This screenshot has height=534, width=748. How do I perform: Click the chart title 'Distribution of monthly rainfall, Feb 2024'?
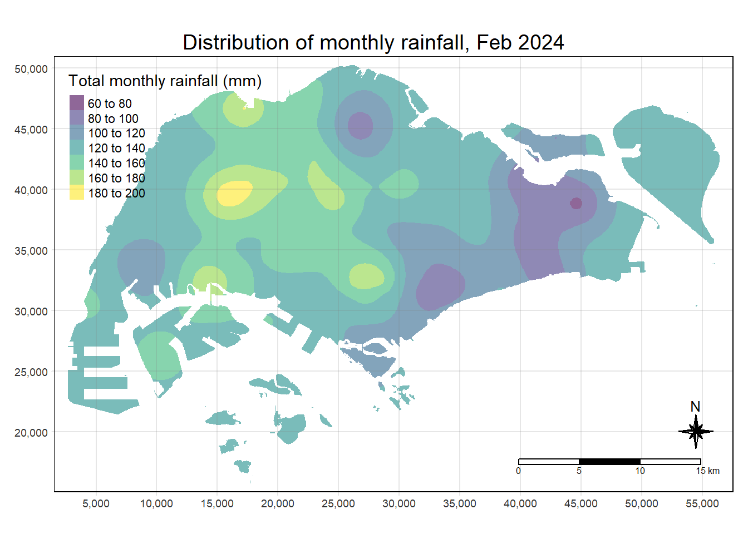click(x=373, y=43)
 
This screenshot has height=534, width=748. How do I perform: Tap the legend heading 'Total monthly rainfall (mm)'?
click(x=165, y=81)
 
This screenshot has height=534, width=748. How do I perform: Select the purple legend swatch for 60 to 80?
click(x=77, y=103)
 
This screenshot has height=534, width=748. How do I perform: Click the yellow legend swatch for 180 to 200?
click(x=77, y=192)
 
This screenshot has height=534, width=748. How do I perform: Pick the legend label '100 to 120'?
click(x=116, y=133)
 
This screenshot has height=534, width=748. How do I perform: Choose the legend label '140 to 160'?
click(x=116, y=163)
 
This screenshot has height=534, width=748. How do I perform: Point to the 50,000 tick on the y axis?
click(x=31, y=69)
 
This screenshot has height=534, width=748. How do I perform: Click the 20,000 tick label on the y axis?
click(x=31, y=433)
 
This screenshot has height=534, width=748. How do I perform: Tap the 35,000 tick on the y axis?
click(x=31, y=251)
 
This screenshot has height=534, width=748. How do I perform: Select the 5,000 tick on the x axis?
click(x=96, y=504)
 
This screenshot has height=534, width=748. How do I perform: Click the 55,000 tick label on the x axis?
click(x=702, y=504)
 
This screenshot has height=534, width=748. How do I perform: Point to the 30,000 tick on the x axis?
click(x=399, y=504)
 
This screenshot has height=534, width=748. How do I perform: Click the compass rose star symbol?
click(x=696, y=432)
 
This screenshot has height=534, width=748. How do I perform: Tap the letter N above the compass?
click(x=695, y=407)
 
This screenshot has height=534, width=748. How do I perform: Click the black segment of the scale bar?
click(x=609, y=462)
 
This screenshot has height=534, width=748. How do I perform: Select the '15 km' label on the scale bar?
click(x=707, y=471)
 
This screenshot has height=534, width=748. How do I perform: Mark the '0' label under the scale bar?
click(x=518, y=471)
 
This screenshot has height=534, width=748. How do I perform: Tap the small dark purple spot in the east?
click(x=576, y=203)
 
